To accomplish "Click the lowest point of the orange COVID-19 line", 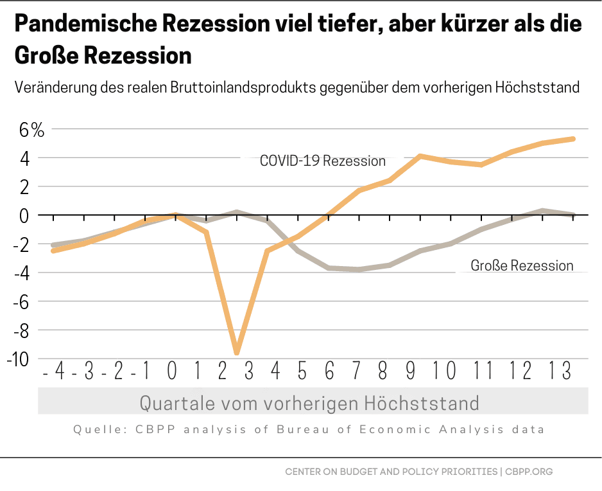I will point(237,352).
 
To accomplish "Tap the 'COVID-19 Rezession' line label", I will point(322,161).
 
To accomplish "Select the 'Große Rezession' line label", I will point(522,265).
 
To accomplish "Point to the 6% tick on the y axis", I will point(31,130).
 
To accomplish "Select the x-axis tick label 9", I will point(411,371).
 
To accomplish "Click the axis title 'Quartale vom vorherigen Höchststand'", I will point(309,403).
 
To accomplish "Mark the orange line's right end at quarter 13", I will point(572,139).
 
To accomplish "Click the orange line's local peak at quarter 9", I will point(420,156).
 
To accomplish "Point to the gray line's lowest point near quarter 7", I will point(359,269).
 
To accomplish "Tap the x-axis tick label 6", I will point(330,371).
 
